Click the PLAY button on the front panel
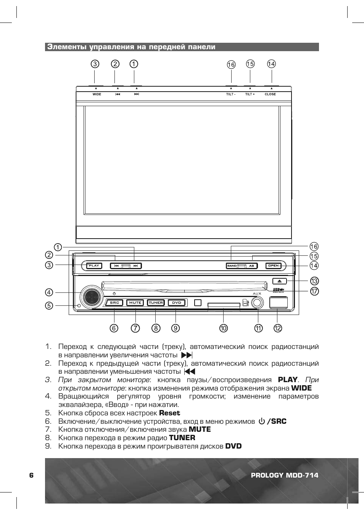(94, 266)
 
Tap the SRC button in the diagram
(114, 303)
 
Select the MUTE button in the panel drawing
(135, 303)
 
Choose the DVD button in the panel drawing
(177, 303)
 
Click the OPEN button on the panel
(274, 266)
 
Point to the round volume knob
(91, 297)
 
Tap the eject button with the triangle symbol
(279, 281)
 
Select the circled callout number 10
(223, 328)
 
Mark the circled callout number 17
(314, 291)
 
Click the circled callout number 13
(314, 281)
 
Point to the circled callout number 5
(49, 305)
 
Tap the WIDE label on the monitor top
(97, 94)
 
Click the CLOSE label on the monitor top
(270, 94)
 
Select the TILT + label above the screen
(250, 94)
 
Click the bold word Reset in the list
(169, 413)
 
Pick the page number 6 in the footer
(31, 475)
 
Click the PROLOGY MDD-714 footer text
(285, 475)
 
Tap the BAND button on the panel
(232, 266)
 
